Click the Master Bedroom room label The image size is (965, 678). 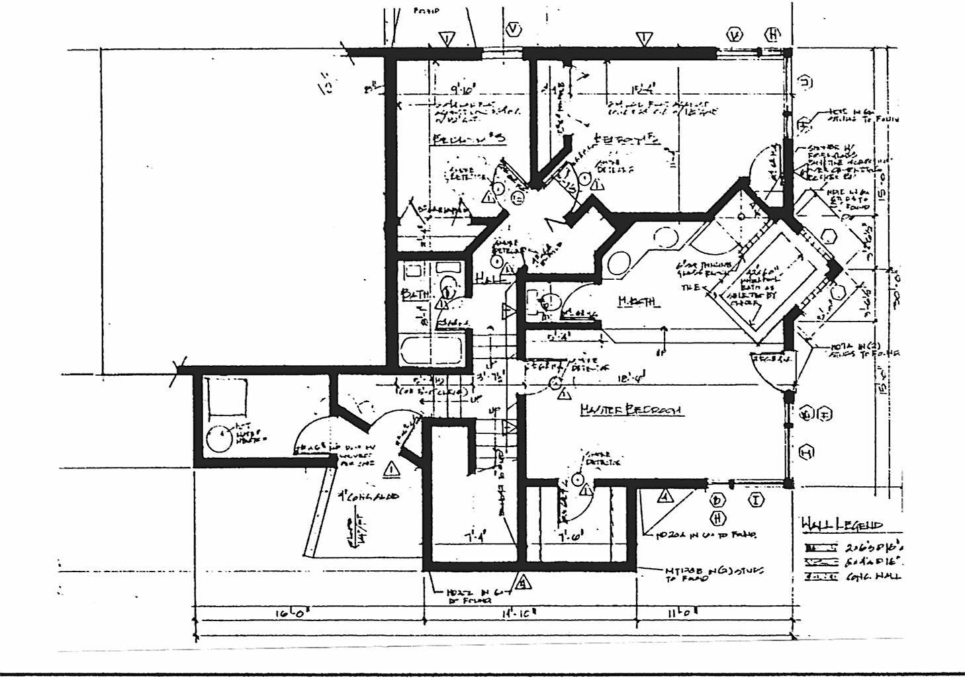tap(631, 410)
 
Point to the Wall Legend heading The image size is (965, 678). tap(841, 525)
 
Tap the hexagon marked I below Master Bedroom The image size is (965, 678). tap(756, 499)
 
